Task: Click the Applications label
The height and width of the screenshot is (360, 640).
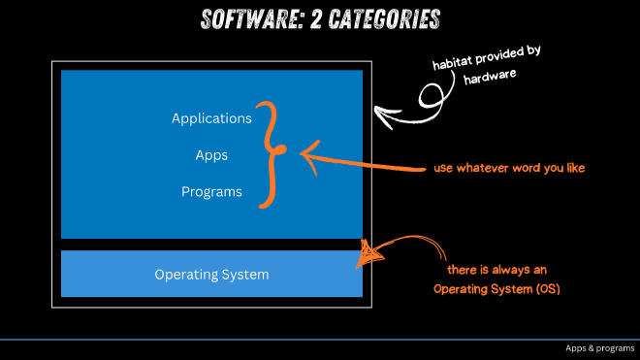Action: click(x=211, y=118)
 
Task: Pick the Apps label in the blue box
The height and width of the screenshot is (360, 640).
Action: click(x=211, y=154)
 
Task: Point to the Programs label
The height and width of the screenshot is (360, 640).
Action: click(x=211, y=191)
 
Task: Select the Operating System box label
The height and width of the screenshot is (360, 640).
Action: click(x=211, y=275)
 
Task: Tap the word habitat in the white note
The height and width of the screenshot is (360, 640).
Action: click(x=454, y=65)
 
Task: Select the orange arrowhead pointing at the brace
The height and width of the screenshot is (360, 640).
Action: click(x=305, y=152)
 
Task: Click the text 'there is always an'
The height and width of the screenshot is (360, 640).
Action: click(x=500, y=271)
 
